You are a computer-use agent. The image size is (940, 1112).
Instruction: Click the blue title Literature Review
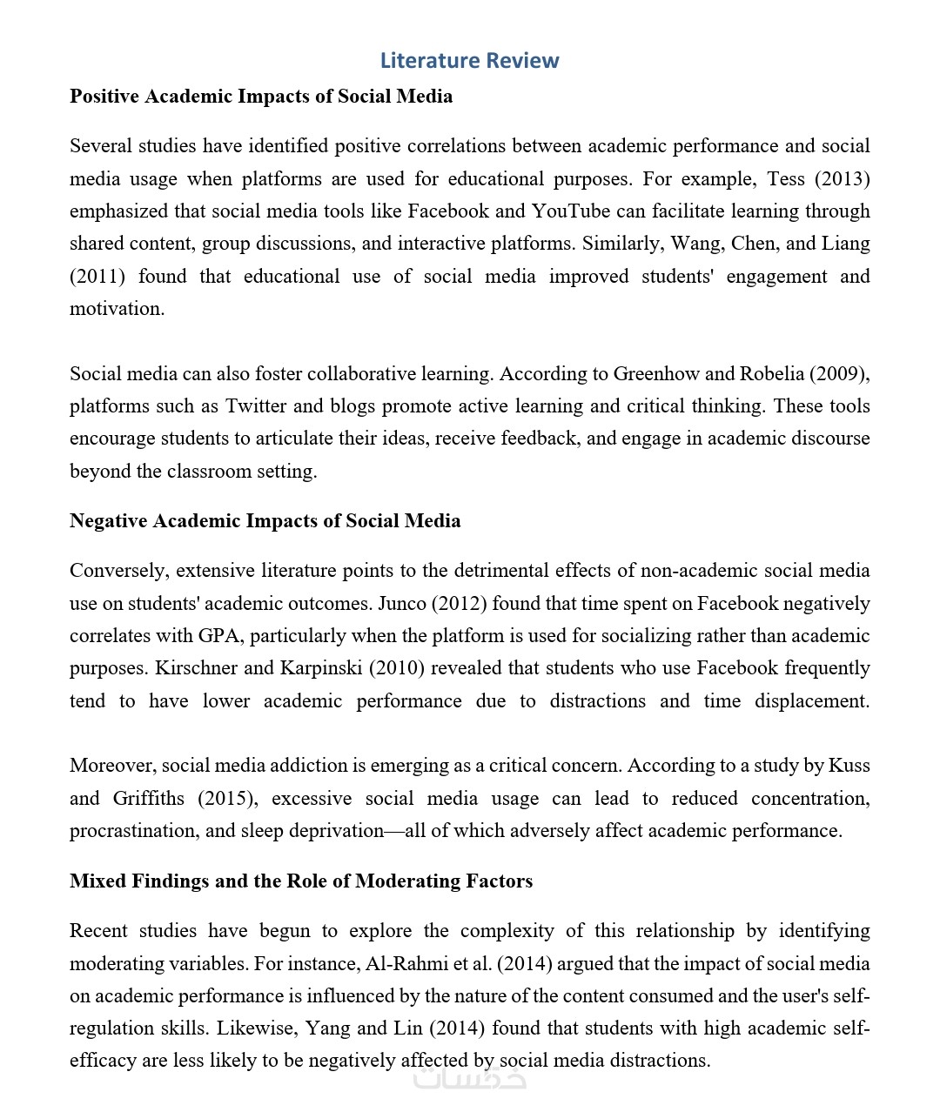click(469, 60)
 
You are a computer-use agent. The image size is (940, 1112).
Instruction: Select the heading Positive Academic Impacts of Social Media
click(261, 96)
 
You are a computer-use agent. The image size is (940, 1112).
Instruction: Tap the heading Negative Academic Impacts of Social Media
click(265, 520)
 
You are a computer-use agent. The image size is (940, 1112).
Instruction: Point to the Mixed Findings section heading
click(301, 881)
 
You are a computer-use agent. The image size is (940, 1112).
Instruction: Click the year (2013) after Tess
click(842, 178)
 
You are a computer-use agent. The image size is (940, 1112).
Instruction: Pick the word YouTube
click(570, 211)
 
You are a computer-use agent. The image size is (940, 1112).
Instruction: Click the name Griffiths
click(149, 798)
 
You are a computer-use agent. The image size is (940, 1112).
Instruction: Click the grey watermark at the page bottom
click(469, 1079)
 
